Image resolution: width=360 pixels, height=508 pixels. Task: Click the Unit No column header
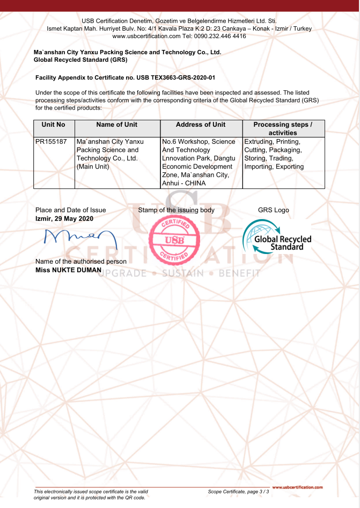54,125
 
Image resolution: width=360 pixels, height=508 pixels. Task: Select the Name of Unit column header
116,125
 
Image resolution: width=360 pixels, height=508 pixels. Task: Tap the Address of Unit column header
201,125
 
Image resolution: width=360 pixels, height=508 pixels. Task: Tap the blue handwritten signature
76,238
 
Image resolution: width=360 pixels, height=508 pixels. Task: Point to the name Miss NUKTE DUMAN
68,270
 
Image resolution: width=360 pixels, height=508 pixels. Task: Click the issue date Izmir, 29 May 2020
64,219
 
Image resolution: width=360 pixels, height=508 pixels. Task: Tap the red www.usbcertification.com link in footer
298,488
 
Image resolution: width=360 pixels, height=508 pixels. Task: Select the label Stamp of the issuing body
176,210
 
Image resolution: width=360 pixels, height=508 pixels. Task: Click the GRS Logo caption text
274,210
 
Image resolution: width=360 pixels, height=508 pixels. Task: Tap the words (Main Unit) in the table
93,167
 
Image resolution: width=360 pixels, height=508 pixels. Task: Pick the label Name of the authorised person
80,262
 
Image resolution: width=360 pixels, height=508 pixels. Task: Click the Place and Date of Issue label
70,210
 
